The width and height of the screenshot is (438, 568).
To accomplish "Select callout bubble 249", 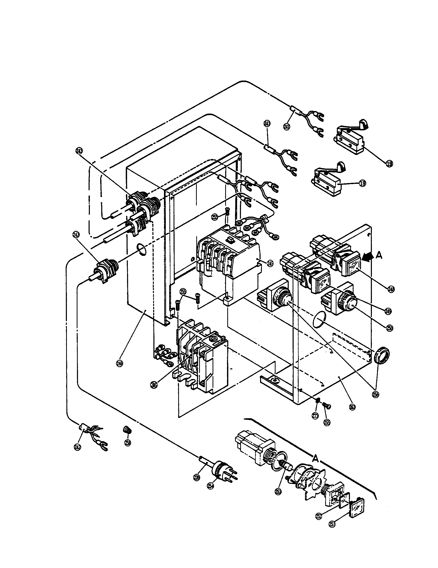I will coord(388,311).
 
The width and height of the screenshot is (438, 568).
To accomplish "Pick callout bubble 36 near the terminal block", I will coord(154,385).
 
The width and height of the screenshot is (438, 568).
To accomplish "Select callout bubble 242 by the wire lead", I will coord(77,447).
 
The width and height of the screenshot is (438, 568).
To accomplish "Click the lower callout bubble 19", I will coord(362,183).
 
